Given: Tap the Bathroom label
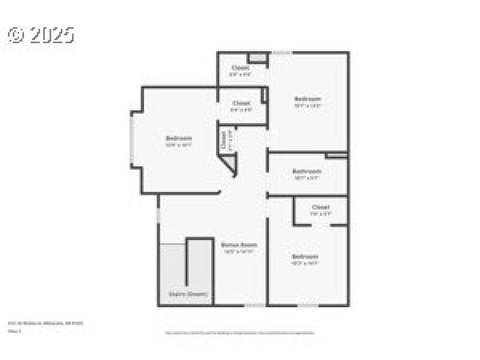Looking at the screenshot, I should pyautogui.click(x=307, y=171).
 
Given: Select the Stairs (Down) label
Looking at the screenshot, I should pyautogui.click(x=188, y=295).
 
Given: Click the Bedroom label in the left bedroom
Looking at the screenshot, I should pyautogui.click(x=179, y=138).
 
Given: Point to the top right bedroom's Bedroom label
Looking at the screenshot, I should pyautogui.click(x=307, y=98).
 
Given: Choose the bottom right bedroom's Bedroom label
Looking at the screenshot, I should pyautogui.click(x=304, y=256).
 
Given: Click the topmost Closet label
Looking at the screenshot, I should pyautogui.click(x=241, y=68).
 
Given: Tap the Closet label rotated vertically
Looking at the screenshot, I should pyautogui.click(x=223, y=140).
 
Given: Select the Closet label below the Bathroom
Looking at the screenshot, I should pyautogui.click(x=320, y=207).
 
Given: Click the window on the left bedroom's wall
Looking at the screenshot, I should pyautogui.click(x=132, y=138).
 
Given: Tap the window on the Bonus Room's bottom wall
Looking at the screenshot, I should pyautogui.click(x=254, y=305).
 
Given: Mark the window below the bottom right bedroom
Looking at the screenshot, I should pyautogui.click(x=308, y=305).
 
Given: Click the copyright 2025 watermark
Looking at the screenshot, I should pyautogui.click(x=41, y=35).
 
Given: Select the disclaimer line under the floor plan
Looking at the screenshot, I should pyautogui.click(x=239, y=332).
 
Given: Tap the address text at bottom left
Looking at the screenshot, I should pyautogui.click(x=45, y=323).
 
